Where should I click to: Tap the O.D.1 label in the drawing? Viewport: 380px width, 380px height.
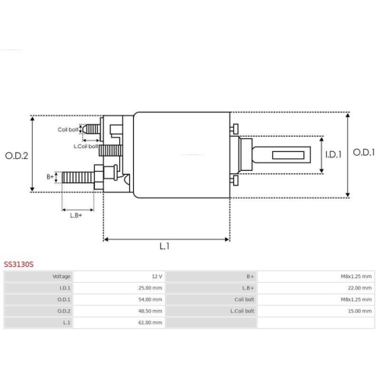tap(365, 153)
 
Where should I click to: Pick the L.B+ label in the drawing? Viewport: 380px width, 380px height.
tap(76, 215)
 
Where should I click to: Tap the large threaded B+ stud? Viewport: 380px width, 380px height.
tap(78, 179)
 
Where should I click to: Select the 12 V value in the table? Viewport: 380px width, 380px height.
tap(157, 277)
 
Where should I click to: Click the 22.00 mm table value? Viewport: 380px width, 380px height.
tap(359, 288)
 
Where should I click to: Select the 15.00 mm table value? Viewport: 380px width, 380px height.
tap(359, 311)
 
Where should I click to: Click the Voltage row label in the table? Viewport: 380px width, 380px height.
tap(60, 277)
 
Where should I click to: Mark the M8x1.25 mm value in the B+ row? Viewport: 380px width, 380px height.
tap(356, 277)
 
